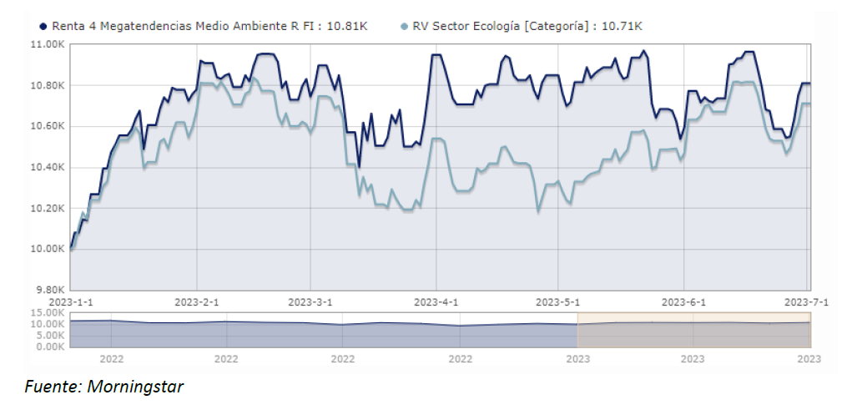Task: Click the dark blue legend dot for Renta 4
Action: point(43,26)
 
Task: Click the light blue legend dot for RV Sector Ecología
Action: point(405,26)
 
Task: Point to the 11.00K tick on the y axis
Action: point(48,44)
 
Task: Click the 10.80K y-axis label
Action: point(48,85)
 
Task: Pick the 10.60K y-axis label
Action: point(48,126)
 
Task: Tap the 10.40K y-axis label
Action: point(48,167)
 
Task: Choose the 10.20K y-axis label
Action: point(48,208)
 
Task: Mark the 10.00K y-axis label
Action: point(48,249)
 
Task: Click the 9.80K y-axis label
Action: point(49,290)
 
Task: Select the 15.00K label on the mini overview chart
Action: point(48,314)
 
